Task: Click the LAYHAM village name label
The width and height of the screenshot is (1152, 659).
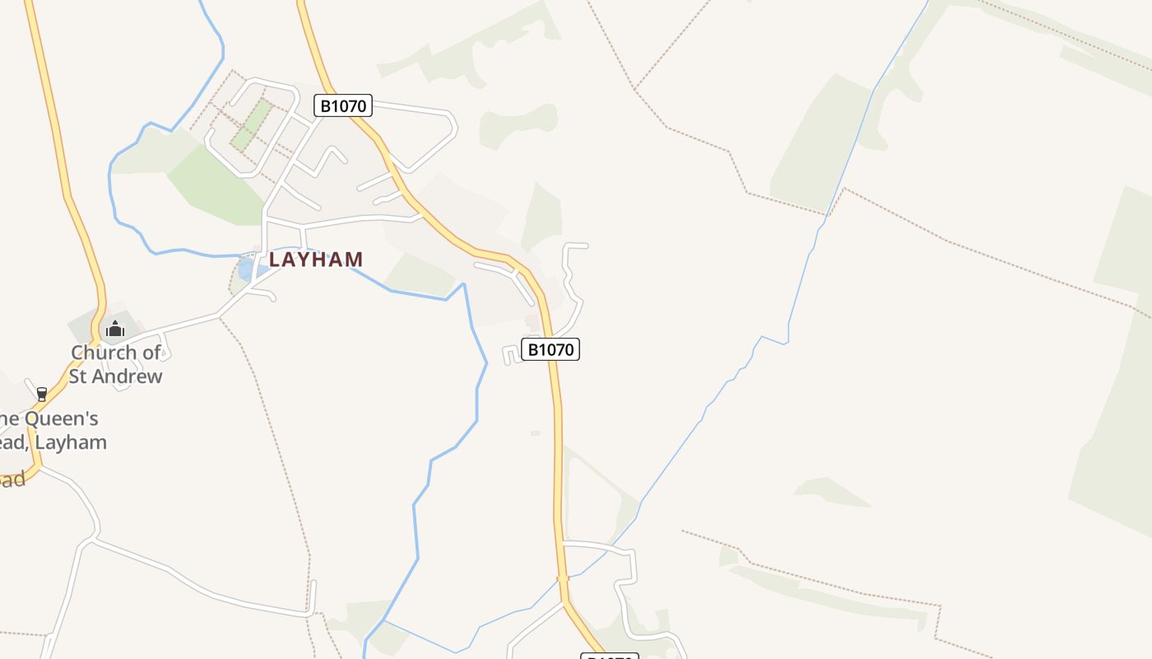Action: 316,259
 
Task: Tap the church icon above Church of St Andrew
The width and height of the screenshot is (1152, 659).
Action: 114,329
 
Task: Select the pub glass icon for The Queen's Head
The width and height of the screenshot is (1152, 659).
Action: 42,395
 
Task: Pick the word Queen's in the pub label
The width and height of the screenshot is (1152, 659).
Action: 61,418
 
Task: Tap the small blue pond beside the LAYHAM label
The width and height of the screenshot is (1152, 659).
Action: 246,269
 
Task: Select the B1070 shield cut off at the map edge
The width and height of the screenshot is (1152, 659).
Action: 610,657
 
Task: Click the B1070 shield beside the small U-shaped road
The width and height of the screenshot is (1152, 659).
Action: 550,349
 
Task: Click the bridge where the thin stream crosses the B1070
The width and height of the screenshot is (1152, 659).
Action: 564,579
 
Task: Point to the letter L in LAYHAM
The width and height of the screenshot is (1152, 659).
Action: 275,259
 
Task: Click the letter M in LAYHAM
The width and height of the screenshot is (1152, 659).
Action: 354,259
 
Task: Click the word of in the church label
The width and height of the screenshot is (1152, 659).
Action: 151,353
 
